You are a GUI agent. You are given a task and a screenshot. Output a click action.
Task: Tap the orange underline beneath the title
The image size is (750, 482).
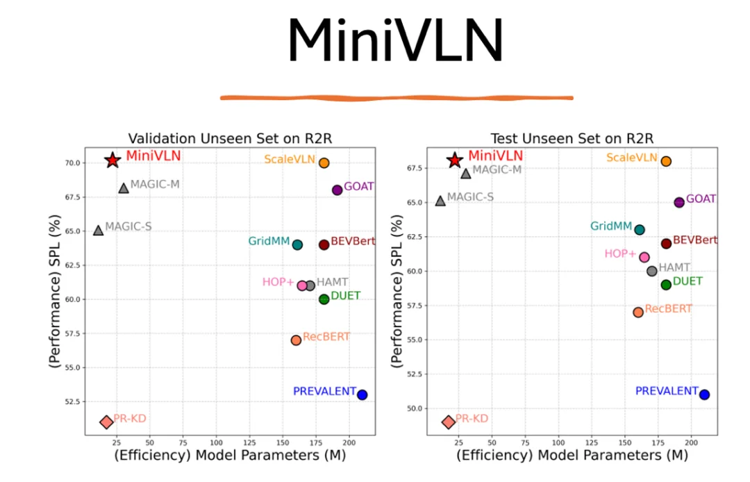point(397,97)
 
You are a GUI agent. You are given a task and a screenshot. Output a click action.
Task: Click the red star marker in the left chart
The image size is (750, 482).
point(112,160)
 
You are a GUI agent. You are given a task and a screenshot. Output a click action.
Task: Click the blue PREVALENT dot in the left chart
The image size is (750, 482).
point(362,394)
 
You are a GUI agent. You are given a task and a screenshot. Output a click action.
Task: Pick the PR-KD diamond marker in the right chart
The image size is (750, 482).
point(449,422)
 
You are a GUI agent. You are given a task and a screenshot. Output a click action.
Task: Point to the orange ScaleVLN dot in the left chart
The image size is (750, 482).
point(324,163)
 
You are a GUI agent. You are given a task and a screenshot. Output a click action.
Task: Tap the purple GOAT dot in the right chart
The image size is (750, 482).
point(679,202)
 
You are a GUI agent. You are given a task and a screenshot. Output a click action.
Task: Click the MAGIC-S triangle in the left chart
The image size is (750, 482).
point(98,230)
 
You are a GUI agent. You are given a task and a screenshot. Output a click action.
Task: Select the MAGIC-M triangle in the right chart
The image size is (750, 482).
point(466,173)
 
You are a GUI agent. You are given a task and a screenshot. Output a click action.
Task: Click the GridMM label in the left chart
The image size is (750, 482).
point(268,242)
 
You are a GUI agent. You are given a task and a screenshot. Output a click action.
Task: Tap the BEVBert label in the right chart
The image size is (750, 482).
point(695,240)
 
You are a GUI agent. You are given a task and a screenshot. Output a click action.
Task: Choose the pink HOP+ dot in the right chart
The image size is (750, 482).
point(644,257)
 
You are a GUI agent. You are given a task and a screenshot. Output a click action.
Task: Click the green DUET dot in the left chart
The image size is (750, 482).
point(324,299)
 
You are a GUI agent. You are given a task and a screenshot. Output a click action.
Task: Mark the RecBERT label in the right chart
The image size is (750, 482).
point(668,309)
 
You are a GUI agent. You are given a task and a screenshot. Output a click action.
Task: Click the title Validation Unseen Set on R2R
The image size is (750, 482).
point(230,138)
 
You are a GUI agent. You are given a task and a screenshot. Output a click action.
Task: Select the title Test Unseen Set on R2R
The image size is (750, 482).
point(572,138)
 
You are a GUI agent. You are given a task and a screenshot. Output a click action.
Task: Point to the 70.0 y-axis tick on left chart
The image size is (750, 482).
point(72,163)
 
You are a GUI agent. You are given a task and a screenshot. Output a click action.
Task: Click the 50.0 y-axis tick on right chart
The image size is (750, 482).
point(413,408)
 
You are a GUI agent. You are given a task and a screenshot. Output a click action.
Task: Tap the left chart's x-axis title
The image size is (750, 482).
point(230,456)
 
